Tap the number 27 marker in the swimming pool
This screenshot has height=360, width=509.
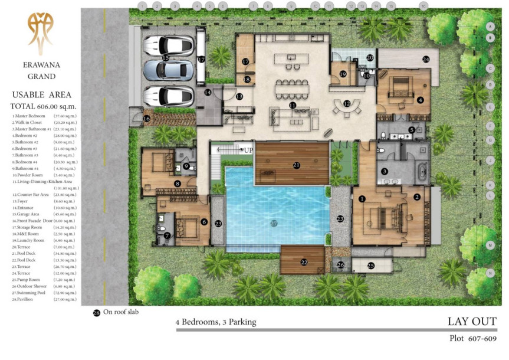point(273,224)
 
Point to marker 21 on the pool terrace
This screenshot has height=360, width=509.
point(297,165)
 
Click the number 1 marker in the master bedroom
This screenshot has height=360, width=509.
point(362,199)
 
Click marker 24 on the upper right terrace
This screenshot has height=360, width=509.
point(426,59)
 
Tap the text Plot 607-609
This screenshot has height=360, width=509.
point(473,339)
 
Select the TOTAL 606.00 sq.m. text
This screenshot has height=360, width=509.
point(41,106)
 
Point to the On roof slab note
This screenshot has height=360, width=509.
point(116,312)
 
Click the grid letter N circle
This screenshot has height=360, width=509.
point(490,273)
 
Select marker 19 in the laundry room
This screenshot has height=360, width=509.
point(342,74)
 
